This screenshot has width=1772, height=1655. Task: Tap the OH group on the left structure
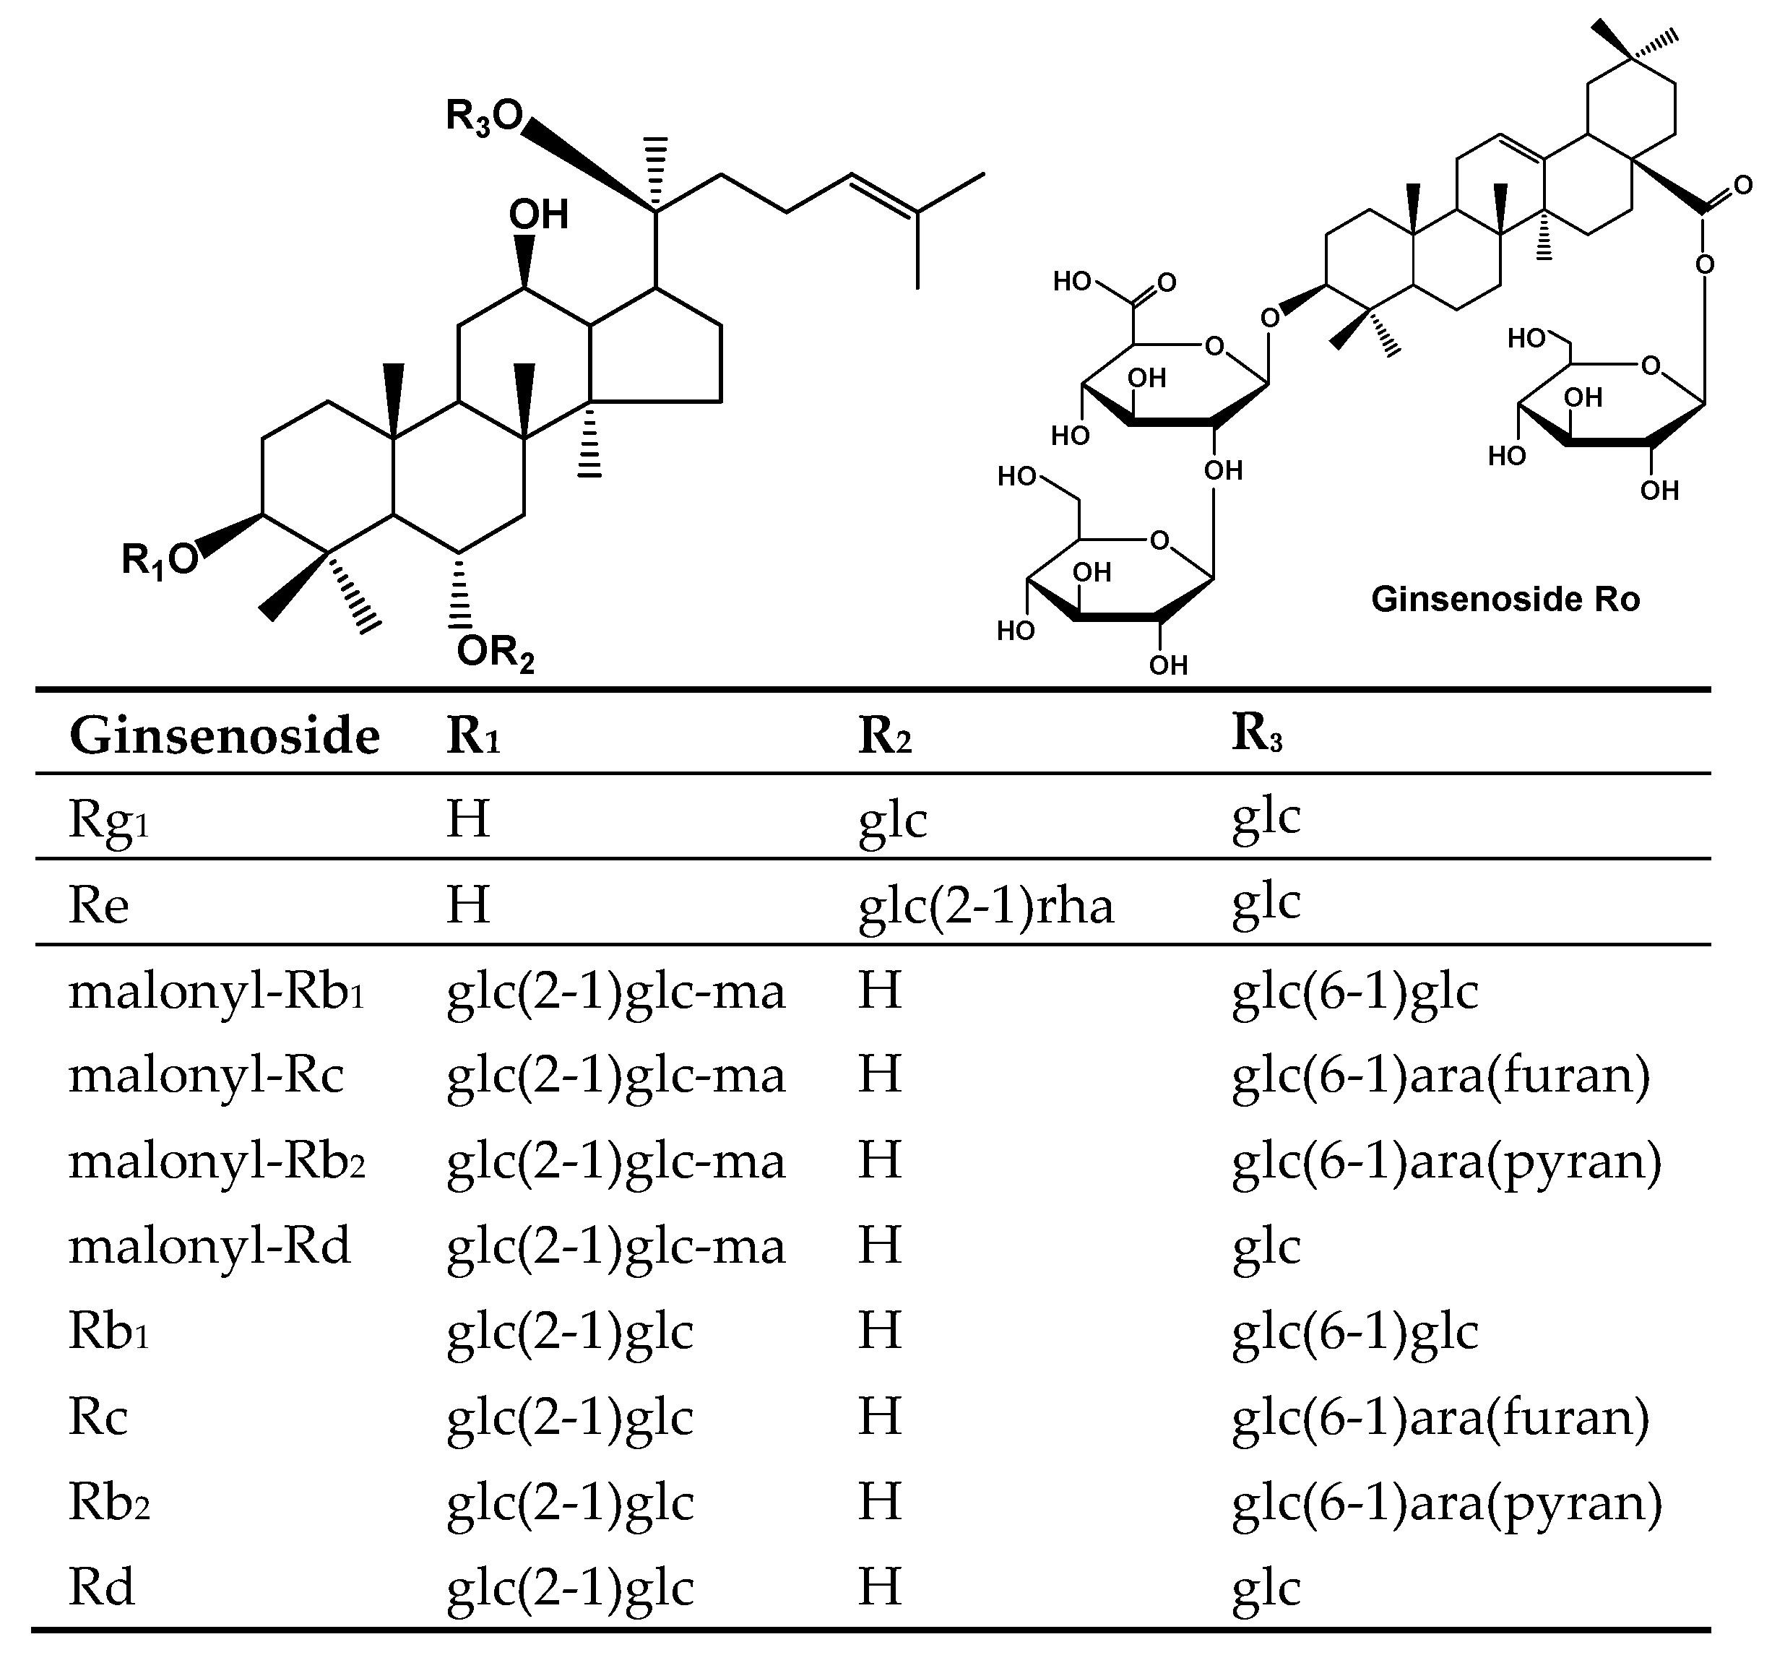click(538, 215)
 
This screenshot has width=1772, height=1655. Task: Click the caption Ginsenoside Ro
click(1505, 599)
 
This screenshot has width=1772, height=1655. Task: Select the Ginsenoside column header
click(225, 737)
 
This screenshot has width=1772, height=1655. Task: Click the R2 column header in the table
click(884, 737)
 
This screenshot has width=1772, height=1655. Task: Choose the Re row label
click(99, 905)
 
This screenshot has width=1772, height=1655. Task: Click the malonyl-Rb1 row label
click(217, 992)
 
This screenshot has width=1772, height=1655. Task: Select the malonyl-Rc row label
click(206, 1076)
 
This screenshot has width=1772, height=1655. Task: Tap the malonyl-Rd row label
click(209, 1246)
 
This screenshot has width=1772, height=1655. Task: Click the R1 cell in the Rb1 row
click(569, 1332)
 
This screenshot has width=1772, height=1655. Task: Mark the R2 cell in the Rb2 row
click(880, 1503)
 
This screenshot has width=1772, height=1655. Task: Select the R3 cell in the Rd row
click(1266, 1588)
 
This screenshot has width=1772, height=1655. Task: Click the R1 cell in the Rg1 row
click(468, 819)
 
